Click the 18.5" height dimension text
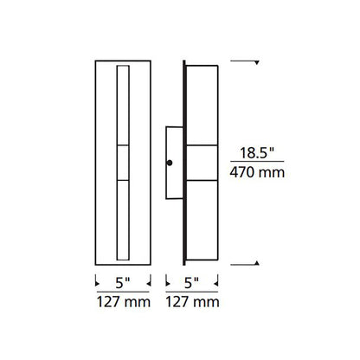(x=256, y=152)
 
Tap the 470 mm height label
(x=257, y=172)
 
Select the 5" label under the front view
(x=123, y=283)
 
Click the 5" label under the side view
(x=192, y=283)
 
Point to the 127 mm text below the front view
(x=124, y=302)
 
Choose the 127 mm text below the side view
(x=192, y=302)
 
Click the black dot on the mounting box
(x=170, y=163)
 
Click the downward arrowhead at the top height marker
(x=257, y=62)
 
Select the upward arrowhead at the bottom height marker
(x=257, y=263)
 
